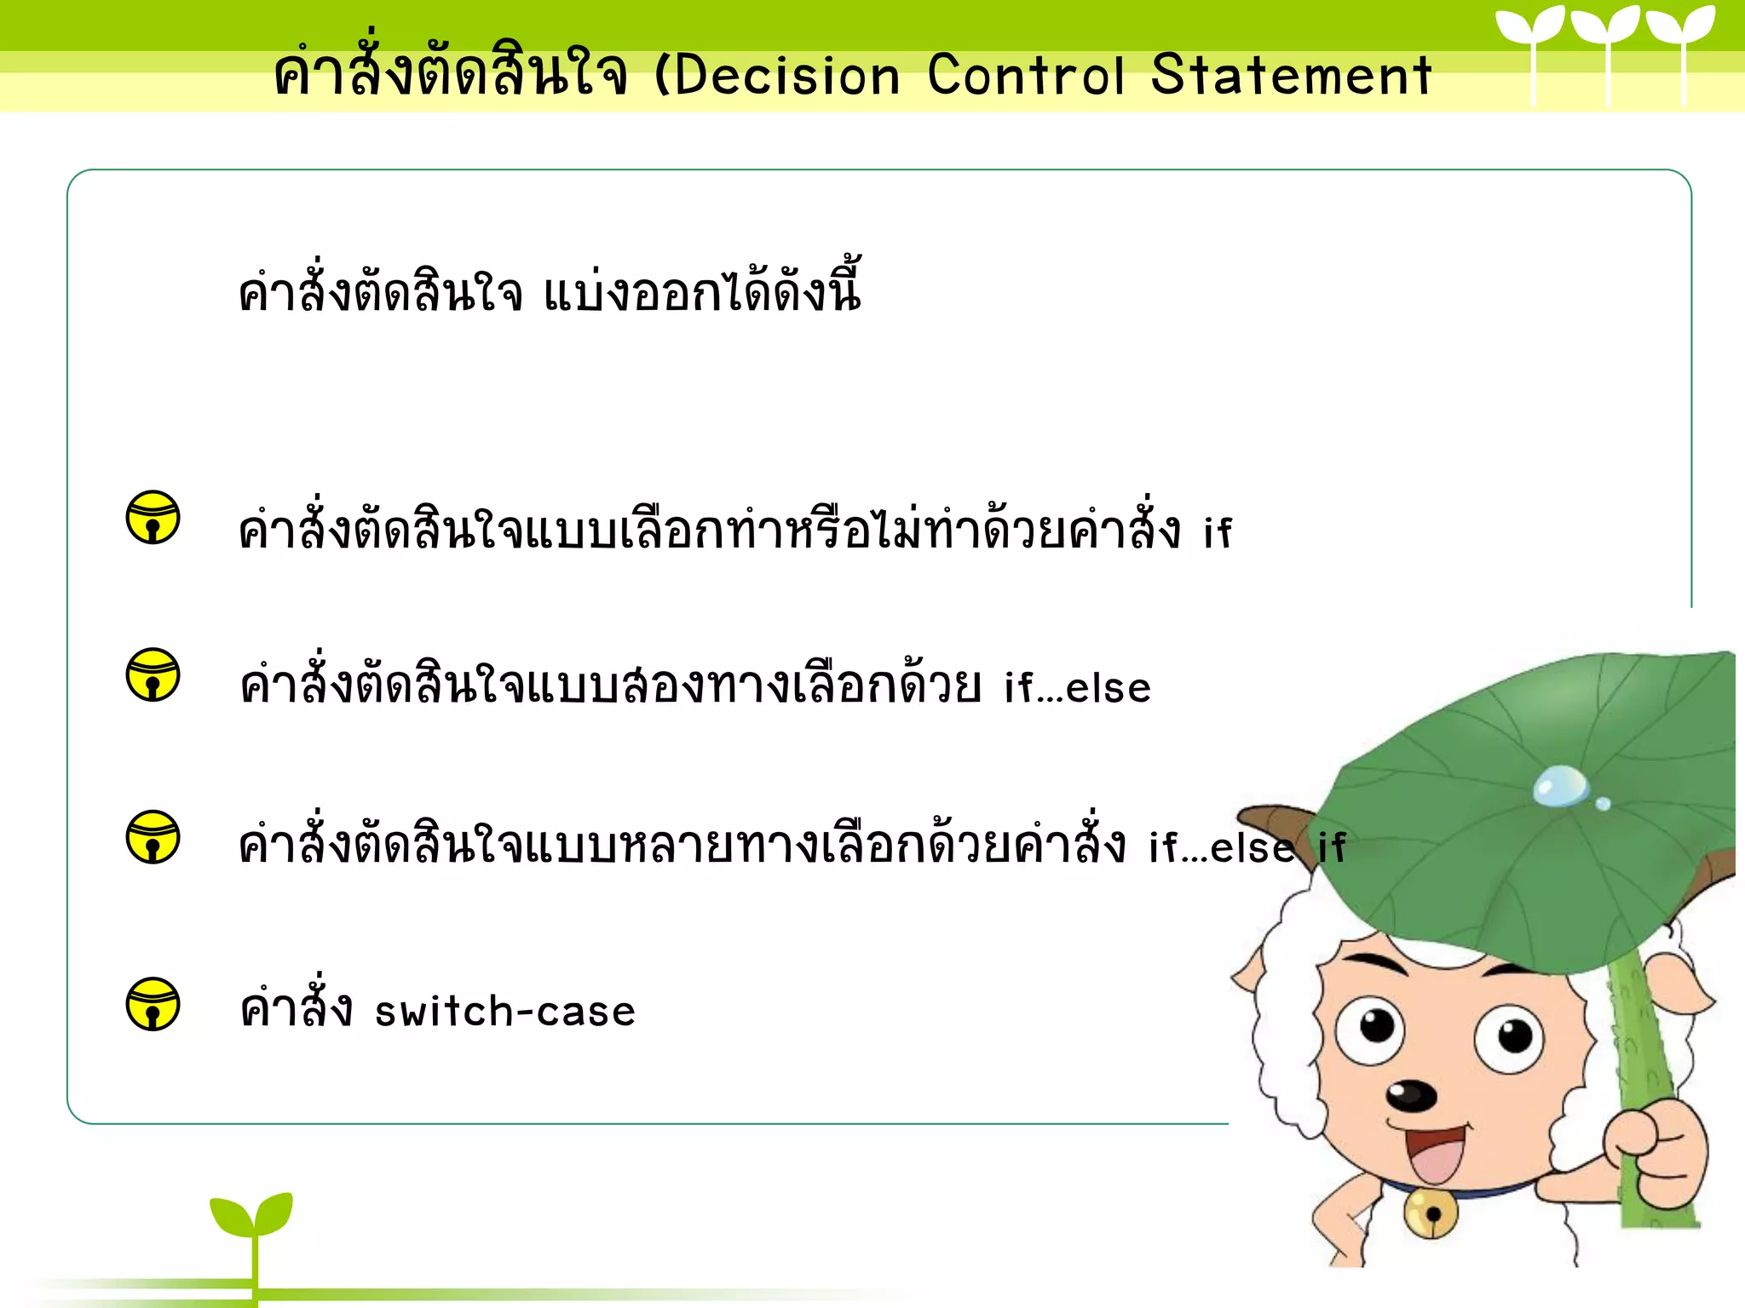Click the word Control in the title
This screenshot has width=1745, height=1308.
coord(1026,75)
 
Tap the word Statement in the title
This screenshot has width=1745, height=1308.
coord(1291,75)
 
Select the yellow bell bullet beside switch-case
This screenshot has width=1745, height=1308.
coord(153,1004)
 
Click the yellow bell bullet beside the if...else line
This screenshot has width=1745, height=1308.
coord(153,675)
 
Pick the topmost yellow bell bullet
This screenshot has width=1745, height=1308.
coord(153,517)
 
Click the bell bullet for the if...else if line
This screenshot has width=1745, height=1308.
coord(153,837)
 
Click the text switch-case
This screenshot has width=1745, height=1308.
coord(505,1012)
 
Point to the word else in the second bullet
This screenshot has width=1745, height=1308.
coord(1108,688)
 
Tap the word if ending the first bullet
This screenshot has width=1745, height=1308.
coord(1218,533)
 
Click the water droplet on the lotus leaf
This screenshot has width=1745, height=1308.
coord(1561,785)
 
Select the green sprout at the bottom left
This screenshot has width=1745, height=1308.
coord(252,1218)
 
